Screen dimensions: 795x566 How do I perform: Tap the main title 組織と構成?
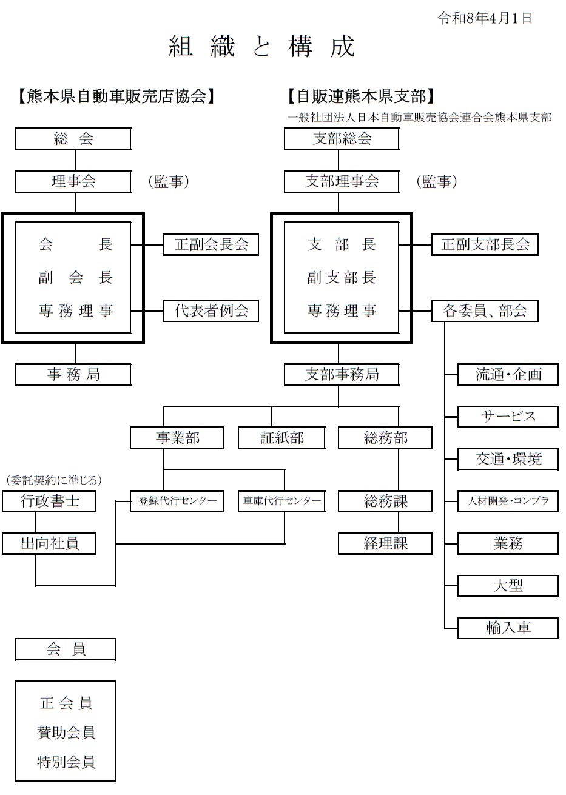(x=261, y=47)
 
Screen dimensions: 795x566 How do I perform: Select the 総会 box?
(x=73, y=139)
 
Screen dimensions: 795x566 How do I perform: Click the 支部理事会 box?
(x=342, y=181)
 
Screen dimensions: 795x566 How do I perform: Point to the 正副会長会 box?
(x=211, y=244)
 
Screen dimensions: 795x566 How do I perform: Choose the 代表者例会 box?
(x=211, y=311)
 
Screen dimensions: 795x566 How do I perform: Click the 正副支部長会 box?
(x=485, y=244)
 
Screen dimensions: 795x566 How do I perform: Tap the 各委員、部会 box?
(x=485, y=311)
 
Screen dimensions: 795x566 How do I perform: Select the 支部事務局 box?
(x=342, y=375)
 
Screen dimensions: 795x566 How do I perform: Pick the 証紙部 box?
(x=281, y=438)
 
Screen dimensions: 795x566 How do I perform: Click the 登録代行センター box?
(x=177, y=501)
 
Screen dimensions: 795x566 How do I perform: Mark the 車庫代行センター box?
(x=281, y=501)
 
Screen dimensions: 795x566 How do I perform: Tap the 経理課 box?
(x=385, y=543)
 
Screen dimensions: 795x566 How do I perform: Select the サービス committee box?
(x=508, y=417)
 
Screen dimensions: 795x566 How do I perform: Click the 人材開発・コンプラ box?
(x=508, y=501)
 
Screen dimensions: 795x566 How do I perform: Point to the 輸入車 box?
(x=508, y=628)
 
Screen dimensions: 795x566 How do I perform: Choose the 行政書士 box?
(x=49, y=501)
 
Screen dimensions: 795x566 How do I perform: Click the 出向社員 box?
(x=49, y=543)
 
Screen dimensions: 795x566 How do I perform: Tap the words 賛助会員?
(x=66, y=733)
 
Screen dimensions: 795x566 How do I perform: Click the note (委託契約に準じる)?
(x=53, y=480)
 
